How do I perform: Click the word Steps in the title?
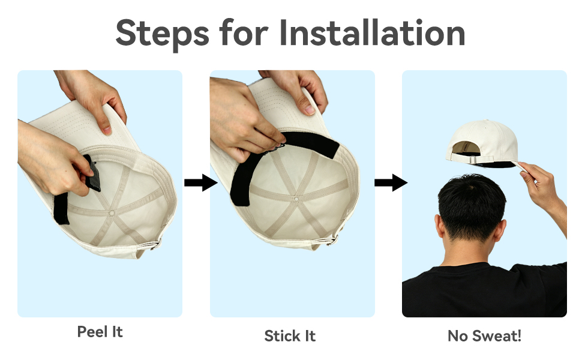click(x=163, y=34)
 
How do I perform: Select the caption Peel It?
click(x=100, y=331)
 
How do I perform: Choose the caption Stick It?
click(x=290, y=336)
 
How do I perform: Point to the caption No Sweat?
click(x=484, y=336)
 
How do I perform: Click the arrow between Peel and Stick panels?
click(x=201, y=182)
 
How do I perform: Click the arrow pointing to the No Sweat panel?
click(x=391, y=182)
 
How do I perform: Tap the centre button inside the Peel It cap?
click(x=112, y=213)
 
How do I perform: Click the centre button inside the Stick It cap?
click(x=296, y=199)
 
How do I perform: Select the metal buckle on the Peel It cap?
click(x=157, y=244)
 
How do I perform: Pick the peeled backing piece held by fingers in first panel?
click(x=93, y=173)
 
